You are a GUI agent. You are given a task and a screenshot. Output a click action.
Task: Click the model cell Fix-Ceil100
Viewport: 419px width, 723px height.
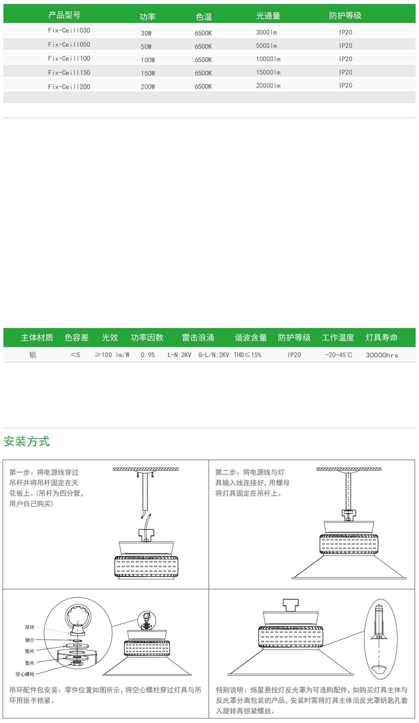coord(69,59)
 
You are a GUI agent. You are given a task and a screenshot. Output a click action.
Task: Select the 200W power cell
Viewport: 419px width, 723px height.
coord(148,87)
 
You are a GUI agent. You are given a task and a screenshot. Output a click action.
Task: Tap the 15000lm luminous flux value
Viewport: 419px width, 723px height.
coord(268,72)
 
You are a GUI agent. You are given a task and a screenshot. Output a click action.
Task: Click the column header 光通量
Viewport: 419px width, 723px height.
coord(268,16)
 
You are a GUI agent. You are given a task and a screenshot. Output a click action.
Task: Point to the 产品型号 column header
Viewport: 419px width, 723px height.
coord(64,15)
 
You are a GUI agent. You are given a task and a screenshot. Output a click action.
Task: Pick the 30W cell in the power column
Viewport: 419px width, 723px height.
coord(146,33)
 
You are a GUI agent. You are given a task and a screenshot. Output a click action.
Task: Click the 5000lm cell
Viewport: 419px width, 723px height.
coord(266,46)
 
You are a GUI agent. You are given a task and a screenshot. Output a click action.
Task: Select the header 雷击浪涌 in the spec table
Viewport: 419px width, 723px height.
coord(198,337)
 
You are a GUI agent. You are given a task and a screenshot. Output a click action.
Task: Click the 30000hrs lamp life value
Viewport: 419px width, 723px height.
coord(382,355)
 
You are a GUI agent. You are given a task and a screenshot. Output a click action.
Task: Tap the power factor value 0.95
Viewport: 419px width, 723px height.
coord(148,355)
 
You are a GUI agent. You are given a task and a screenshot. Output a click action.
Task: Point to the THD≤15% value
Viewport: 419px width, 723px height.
coord(248,355)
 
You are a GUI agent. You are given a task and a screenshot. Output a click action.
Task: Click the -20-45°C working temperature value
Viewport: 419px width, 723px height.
coord(338,355)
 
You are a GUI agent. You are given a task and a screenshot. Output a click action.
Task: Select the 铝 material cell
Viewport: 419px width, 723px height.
coord(33,355)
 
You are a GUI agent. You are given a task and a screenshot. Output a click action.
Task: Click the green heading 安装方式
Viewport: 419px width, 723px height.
coord(27,441)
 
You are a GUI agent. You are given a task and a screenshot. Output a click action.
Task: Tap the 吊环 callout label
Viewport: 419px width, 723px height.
coord(30,627)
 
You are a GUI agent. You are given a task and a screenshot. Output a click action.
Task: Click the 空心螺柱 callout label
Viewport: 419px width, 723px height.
coord(25,674)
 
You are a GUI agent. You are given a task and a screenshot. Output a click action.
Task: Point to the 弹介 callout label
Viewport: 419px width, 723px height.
coord(30,640)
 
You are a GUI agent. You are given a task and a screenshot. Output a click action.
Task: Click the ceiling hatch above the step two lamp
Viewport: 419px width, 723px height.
coord(349,469)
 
